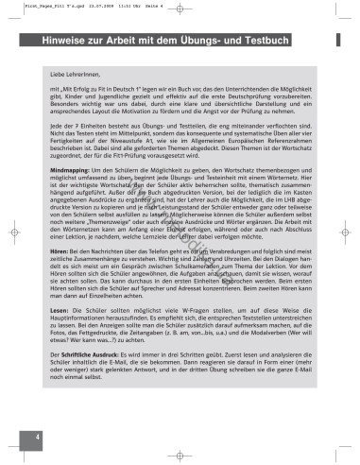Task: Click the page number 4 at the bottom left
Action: (x=37, y=437)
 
